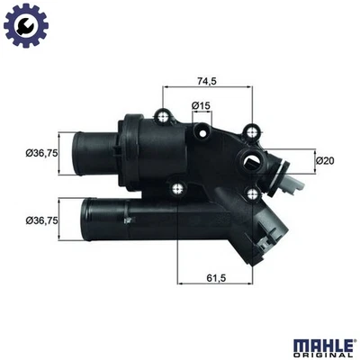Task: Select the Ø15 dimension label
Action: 201,106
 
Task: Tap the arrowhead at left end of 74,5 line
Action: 166,87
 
